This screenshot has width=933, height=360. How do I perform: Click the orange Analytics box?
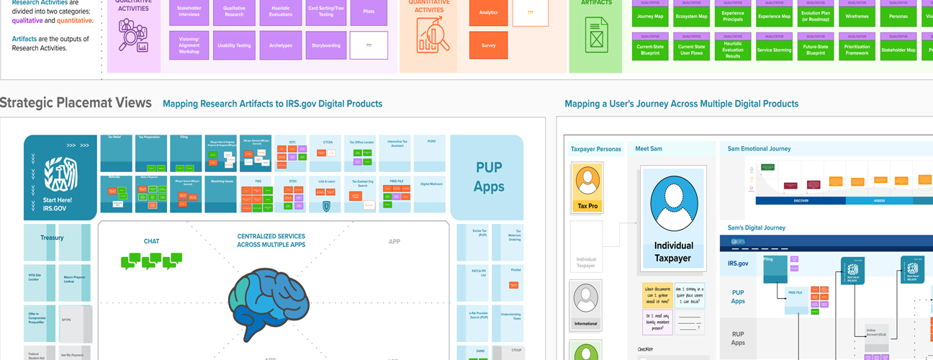click(x=488, y=12)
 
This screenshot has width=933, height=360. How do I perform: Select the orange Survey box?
click(x=488, y=45)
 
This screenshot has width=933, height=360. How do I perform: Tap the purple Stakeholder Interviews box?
click(x=189, y=12)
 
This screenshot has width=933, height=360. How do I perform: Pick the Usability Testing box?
click(x=234, y=45)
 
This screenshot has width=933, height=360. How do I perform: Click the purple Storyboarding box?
click(x=325, y=45)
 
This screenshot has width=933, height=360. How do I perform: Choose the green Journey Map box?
click(x=650, y=16)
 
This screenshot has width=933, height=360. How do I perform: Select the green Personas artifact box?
click(x=898, y=16)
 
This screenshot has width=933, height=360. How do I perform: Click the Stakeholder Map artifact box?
click(x=898, y=50)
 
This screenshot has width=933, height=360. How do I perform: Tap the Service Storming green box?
click(x=774, y=50)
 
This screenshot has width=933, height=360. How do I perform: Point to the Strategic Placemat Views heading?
click(x=76, y=102)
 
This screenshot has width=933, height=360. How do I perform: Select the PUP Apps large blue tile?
click(x=487, y=177)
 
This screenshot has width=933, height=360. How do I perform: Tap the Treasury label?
click(x=52, y=238)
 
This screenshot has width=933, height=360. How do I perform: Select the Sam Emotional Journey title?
click(x=759, y=149)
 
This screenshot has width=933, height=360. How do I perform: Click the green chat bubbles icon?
click(x=151, y=261)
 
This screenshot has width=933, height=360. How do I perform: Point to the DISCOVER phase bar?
click(x=801, y=201)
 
